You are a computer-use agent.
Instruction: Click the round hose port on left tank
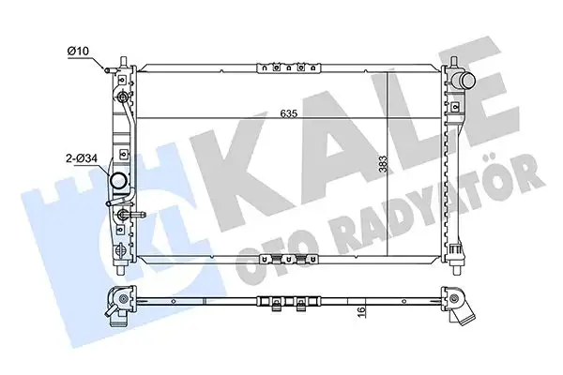pyautogui.click(x=119, y=182)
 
